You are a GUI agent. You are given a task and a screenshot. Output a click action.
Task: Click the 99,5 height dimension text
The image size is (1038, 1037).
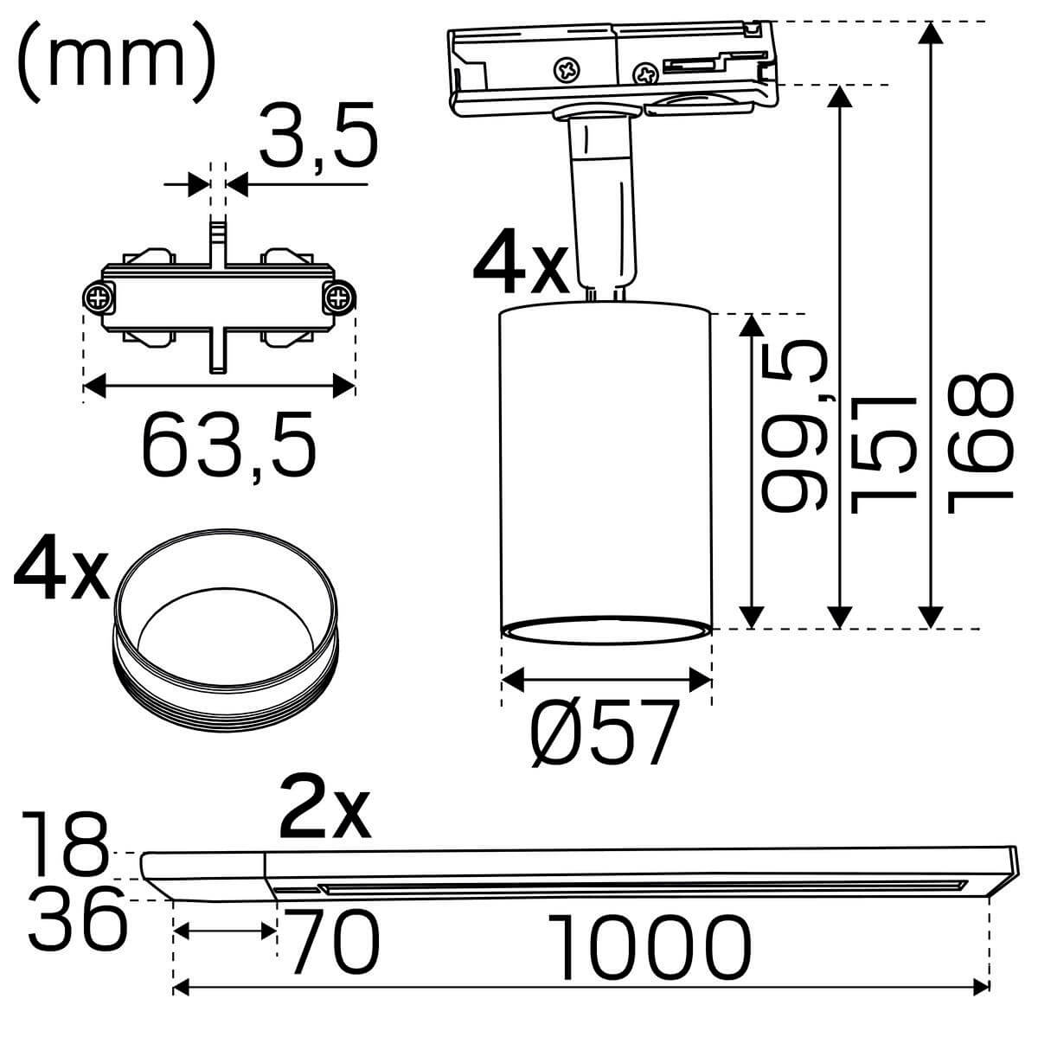(x=794, y=426)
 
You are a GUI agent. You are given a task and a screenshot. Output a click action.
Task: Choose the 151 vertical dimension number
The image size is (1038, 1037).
(x=882, y=454)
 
